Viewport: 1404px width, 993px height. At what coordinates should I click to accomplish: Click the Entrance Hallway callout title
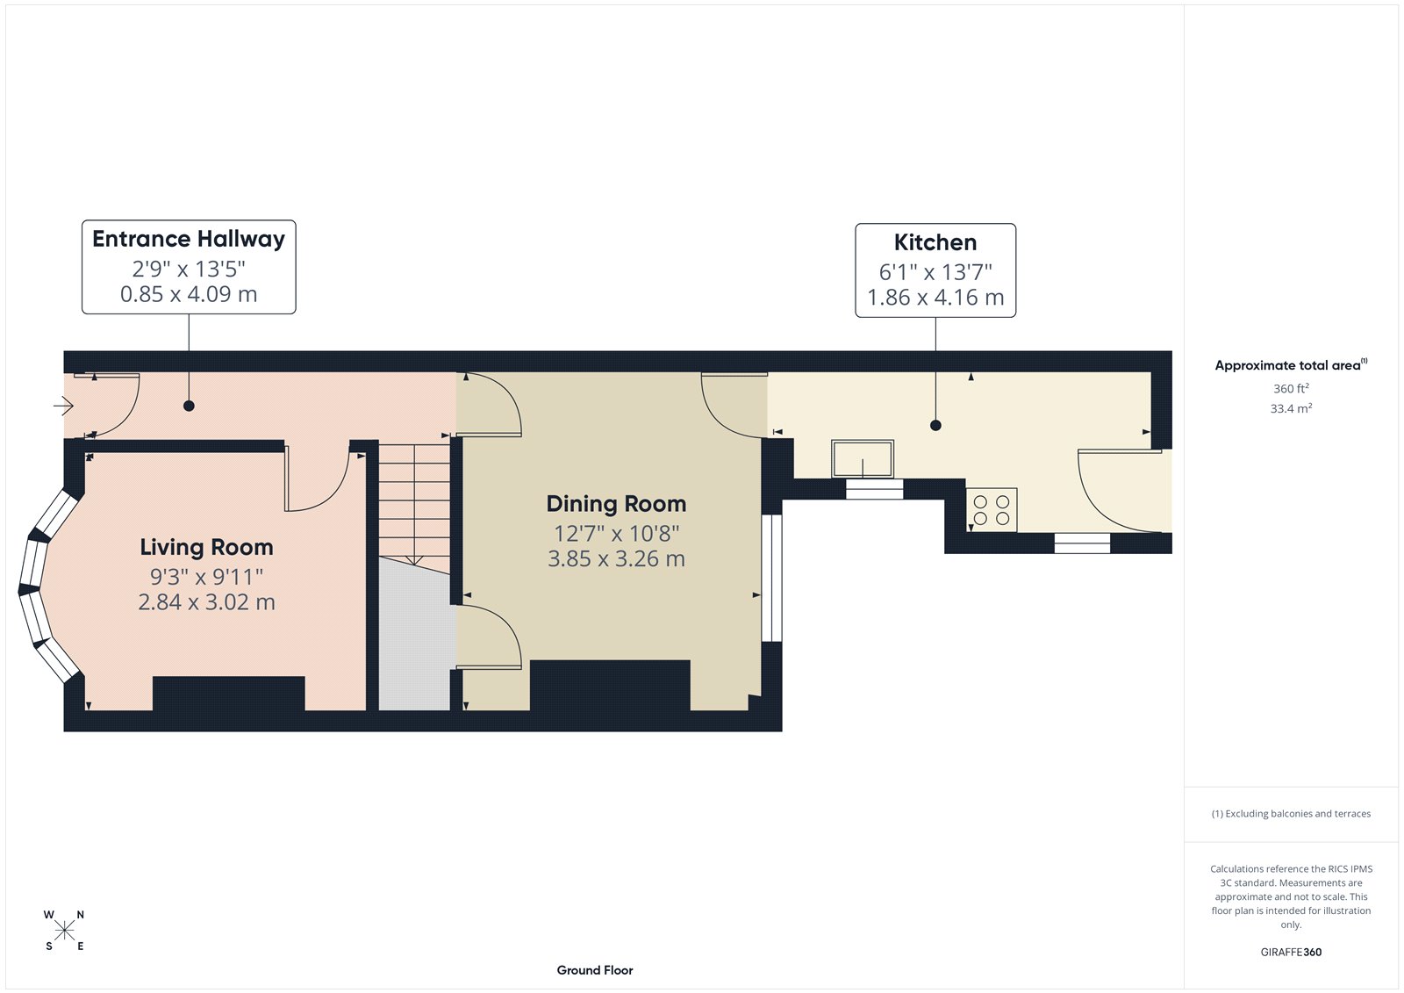pos(189,239)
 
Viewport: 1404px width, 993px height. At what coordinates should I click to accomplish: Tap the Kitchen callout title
pos(935,242)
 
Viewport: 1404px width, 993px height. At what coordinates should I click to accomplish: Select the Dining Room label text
pos(616,504)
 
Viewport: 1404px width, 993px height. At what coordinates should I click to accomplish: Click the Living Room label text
pos(206,547)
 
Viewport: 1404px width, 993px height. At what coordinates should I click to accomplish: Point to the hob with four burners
pos(992,510)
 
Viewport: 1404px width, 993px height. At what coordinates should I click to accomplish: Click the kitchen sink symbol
pos(863,459)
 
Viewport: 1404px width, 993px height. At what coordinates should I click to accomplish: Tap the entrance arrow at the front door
pos(63,405)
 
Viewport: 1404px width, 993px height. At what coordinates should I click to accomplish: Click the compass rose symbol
pos(64,931)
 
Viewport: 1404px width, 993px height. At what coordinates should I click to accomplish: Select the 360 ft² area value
pos(1291,388)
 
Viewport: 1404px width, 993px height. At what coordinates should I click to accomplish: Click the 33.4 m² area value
pos(1291,408)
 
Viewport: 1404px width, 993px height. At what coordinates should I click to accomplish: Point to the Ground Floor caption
pos(594,970)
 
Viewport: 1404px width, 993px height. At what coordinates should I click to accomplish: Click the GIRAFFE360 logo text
pos(1291,952)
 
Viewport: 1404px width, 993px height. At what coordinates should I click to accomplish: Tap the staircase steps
pos(414,500)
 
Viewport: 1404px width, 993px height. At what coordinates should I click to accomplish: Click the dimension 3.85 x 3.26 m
pos(616,559)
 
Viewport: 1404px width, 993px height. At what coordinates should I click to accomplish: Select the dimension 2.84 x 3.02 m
pos(206,602)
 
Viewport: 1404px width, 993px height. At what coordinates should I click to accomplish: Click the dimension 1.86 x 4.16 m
pos(935,298)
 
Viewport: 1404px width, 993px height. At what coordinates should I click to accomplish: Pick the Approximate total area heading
pos(1287,365)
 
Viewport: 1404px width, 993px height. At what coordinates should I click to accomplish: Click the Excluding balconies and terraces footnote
pos(1291,814)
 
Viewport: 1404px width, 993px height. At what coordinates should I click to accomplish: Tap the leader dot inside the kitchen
pos(935,425)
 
